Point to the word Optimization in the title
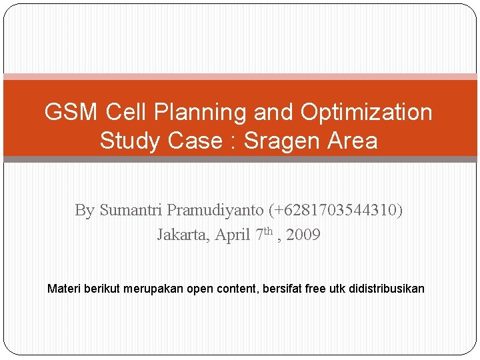pos(366,113)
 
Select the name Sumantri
pos(131,210)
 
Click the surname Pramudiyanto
pos(215,211)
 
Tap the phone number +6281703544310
pos(336,210)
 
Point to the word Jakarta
pos(183,235)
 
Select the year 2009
pos(303,235)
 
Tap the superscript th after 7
pos(269,231)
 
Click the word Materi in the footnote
pos(63,289)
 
